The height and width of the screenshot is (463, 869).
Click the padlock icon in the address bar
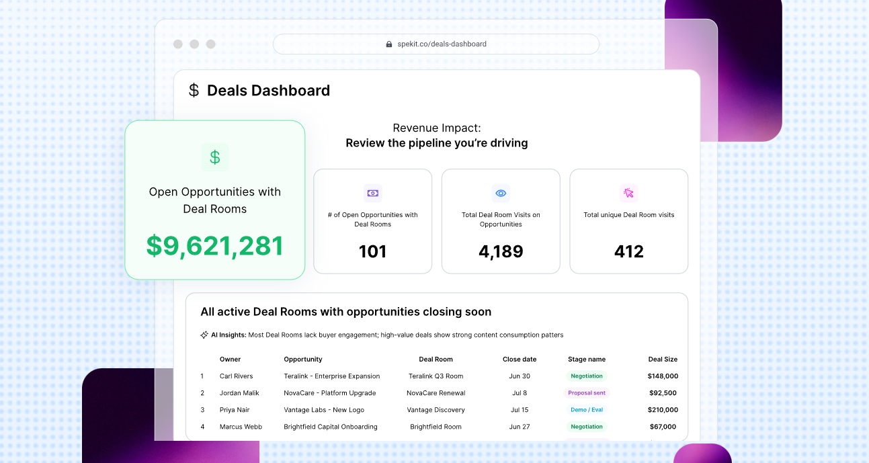point(388,44)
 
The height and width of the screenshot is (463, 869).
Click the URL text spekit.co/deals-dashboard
point(442,44)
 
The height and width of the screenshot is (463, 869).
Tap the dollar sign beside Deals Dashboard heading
point(194,90)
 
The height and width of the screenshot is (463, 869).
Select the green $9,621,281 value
point(215,246)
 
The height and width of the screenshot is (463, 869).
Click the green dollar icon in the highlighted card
point(215,157)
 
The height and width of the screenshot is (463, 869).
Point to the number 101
point(372,252)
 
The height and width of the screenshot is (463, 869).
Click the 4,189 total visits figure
point(501,252)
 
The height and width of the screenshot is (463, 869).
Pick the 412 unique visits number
point(629,252)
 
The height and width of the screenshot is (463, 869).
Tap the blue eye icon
point(501,193)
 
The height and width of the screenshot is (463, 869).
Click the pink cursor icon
point(629,193)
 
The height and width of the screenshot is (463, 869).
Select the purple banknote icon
point(373,193)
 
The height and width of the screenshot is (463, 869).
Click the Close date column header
point(520,360)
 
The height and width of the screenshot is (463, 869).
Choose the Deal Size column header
point(663,360)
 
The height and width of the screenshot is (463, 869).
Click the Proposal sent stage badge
point(587,393)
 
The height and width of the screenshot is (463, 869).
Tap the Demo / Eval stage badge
point(587,410)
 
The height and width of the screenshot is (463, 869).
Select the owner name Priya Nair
point(235,410)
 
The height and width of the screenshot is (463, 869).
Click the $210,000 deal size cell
point(663,410)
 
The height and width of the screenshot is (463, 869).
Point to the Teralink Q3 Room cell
point(436,376)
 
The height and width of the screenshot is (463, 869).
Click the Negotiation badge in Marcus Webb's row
point(587,427)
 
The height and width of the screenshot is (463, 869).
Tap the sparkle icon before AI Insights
point(204,335)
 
